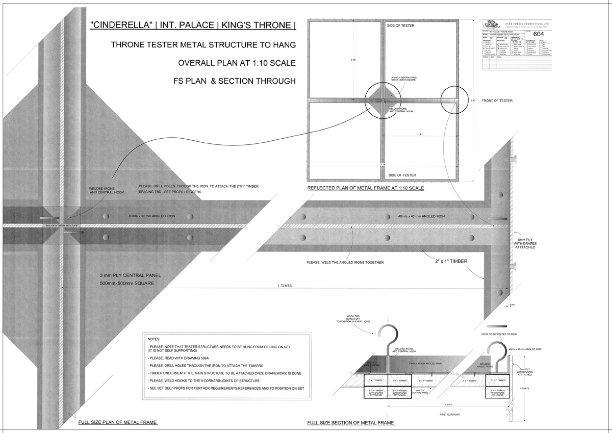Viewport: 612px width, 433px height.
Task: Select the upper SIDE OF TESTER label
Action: click(x=400, y=25)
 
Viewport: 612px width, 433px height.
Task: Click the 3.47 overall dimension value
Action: click(x=474, y=101)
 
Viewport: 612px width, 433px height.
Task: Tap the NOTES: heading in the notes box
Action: click(x=154, y=339)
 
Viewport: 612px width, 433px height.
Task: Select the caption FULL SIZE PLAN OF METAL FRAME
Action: click(x=118, y=422)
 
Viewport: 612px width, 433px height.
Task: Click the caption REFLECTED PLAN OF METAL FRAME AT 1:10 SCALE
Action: click(x=366, y=188)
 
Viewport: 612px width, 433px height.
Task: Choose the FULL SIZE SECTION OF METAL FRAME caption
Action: click(x=351, y=423)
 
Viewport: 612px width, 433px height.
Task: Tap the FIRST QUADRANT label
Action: click(x=449, y=414)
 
